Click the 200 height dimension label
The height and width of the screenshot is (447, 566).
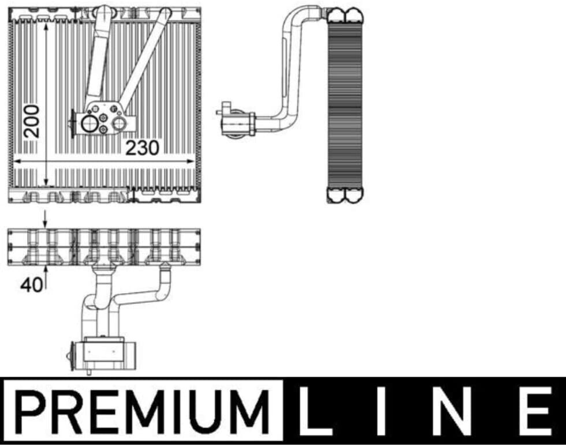(x=31, y=122)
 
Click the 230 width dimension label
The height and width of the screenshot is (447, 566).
(x=142, y=148)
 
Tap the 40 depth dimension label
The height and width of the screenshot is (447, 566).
(x=32, y=285)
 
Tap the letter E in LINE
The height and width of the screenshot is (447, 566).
(x=537, y=411)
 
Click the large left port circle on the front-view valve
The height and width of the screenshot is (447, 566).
(x=89, y=124)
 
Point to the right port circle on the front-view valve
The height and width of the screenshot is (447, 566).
(x=119, y=124)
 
